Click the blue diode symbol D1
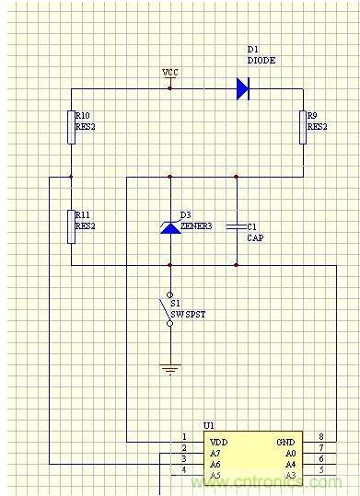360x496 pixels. (243, 88)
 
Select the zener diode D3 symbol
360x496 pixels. (170, 227)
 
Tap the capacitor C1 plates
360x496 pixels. (237, 226)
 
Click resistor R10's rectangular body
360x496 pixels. (72, 127)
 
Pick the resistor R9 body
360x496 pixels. (303, 127)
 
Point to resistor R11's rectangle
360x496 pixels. (72, 226)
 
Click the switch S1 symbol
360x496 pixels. (168, 309)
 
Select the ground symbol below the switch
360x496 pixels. (170, 369)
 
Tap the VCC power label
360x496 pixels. (170, 73)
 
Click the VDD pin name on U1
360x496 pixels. (219, 443)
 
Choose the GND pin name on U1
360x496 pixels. (286, 443)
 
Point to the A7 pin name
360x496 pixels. (215, 454)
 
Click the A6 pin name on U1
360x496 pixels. (215, 465)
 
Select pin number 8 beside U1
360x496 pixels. (321, 436)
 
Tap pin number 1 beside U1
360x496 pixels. (184, 436)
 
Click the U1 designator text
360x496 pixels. (209, 426)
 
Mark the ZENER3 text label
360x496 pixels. (196, 226)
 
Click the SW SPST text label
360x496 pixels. (188, 315)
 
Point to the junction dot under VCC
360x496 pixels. (170, 88)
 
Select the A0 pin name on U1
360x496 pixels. (290, 454)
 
